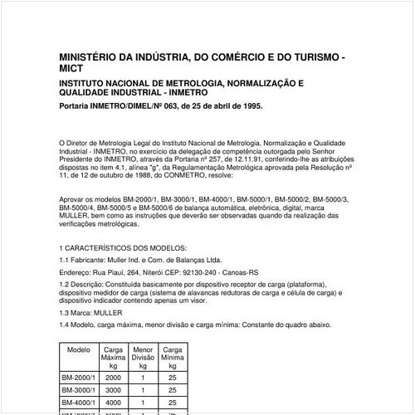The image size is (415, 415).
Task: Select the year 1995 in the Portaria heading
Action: pos(251,106)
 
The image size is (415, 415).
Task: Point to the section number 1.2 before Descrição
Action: pos(66,285)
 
